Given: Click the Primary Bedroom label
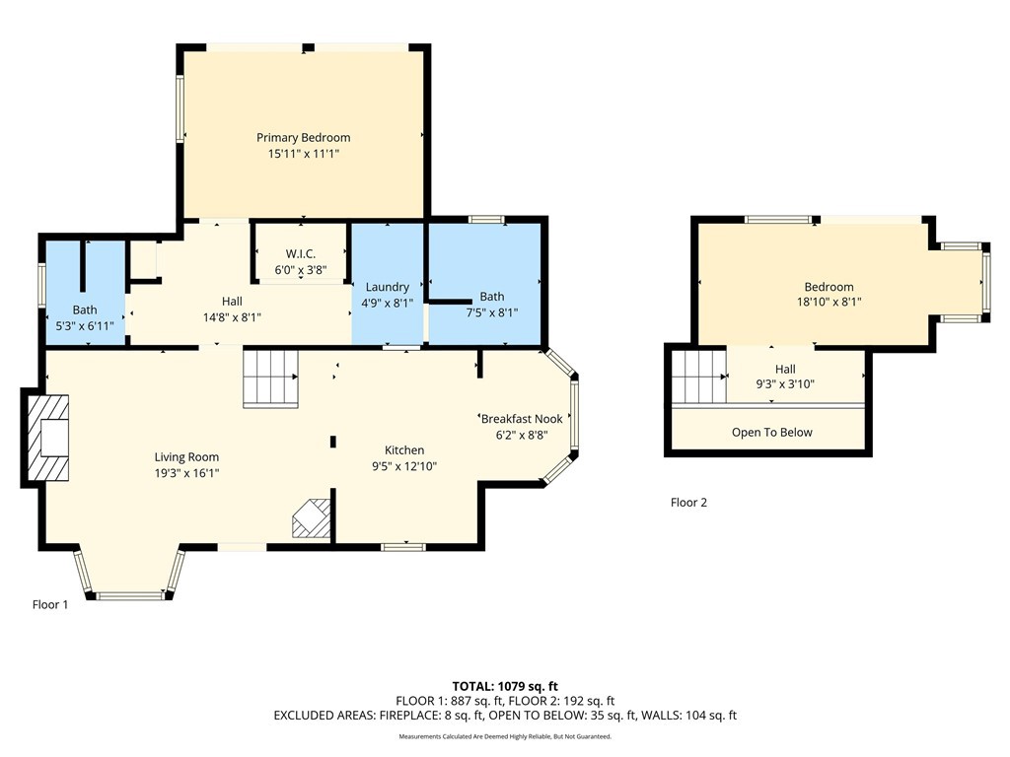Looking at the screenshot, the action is (304, 137).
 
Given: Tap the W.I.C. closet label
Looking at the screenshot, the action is (301, 253).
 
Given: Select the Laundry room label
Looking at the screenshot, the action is (387, 287).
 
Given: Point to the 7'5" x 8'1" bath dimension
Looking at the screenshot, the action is (492, 312).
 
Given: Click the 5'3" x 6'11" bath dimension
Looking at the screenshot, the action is (85, 325).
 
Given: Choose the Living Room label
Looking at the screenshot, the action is (186, 457).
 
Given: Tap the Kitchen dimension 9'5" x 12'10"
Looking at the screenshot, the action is (404, 466).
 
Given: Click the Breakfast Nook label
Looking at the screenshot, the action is (523, 418).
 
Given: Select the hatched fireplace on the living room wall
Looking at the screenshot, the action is (47, 438).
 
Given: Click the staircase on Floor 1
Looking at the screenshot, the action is (270, 378).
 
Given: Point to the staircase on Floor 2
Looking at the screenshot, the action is (699, 376).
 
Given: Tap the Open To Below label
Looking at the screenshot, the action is (771, 433).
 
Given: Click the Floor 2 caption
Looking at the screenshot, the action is (688, 502).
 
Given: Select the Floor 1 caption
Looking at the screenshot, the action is (50, 604).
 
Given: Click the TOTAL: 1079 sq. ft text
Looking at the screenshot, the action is (505, 686).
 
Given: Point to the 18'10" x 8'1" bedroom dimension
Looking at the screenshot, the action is (829, 302).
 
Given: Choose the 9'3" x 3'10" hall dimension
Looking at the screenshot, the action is (785, 384).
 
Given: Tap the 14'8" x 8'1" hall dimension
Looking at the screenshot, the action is (232, 316).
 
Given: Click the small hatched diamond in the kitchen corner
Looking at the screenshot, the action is (312, 518).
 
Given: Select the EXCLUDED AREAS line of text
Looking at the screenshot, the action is (505, 716).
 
